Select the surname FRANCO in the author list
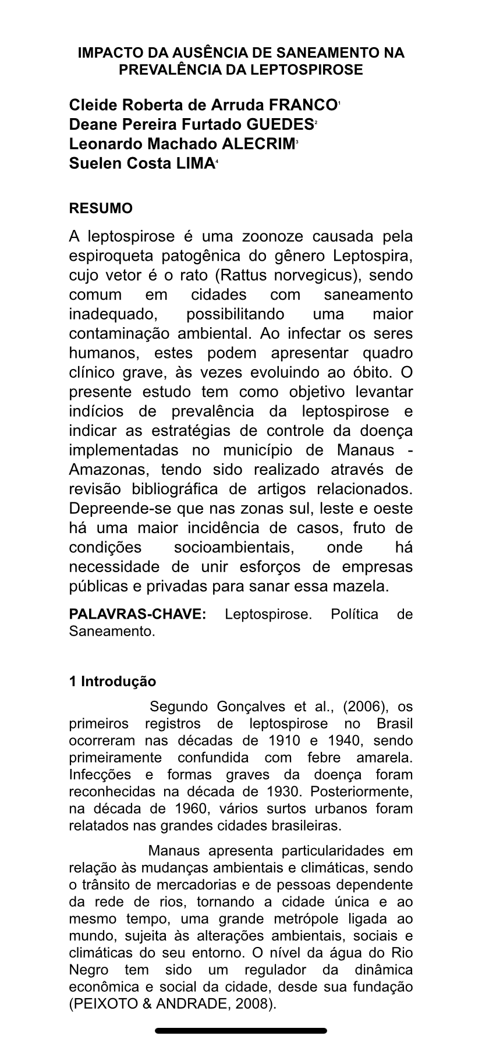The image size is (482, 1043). pos(303,105)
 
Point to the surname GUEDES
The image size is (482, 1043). pos(280,125)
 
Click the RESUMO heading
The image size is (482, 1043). pos(101,208)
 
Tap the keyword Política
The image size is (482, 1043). pos(355,615)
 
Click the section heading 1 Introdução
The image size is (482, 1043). pos(112,682)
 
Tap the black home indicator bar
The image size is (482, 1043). pos(241,1031)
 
